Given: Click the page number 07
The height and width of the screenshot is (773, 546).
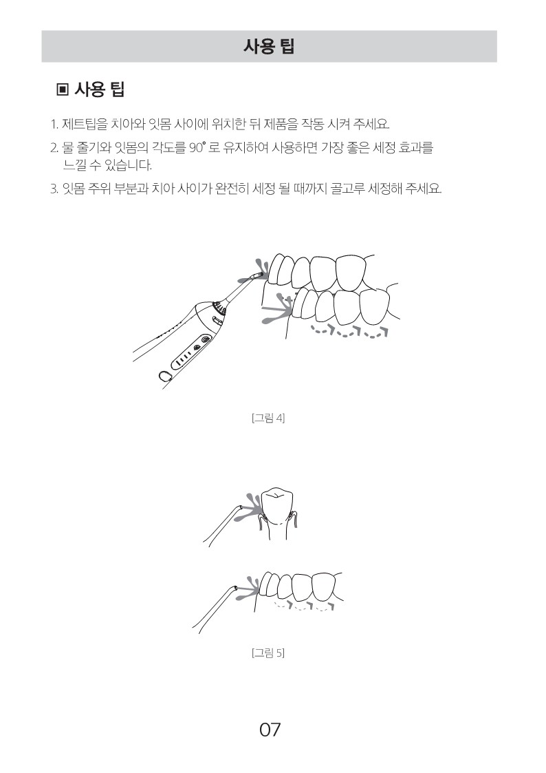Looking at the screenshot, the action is coord(270,729).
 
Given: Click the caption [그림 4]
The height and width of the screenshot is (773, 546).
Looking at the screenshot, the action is coord(268,418).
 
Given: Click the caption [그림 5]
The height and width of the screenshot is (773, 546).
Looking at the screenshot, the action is coord(268,653).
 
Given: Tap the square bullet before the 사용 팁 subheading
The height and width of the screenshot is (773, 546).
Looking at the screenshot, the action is coord(63,89).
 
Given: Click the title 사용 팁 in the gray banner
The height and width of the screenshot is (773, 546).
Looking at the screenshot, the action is coord(269,46).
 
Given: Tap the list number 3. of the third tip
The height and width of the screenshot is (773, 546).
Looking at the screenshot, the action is coord(54,189).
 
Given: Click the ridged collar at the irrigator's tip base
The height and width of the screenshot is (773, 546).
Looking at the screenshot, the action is coord(220,309).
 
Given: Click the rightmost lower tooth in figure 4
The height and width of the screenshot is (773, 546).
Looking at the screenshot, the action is coord(375,305).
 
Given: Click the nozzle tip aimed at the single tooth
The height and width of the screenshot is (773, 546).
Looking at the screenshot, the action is coord(239,507).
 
